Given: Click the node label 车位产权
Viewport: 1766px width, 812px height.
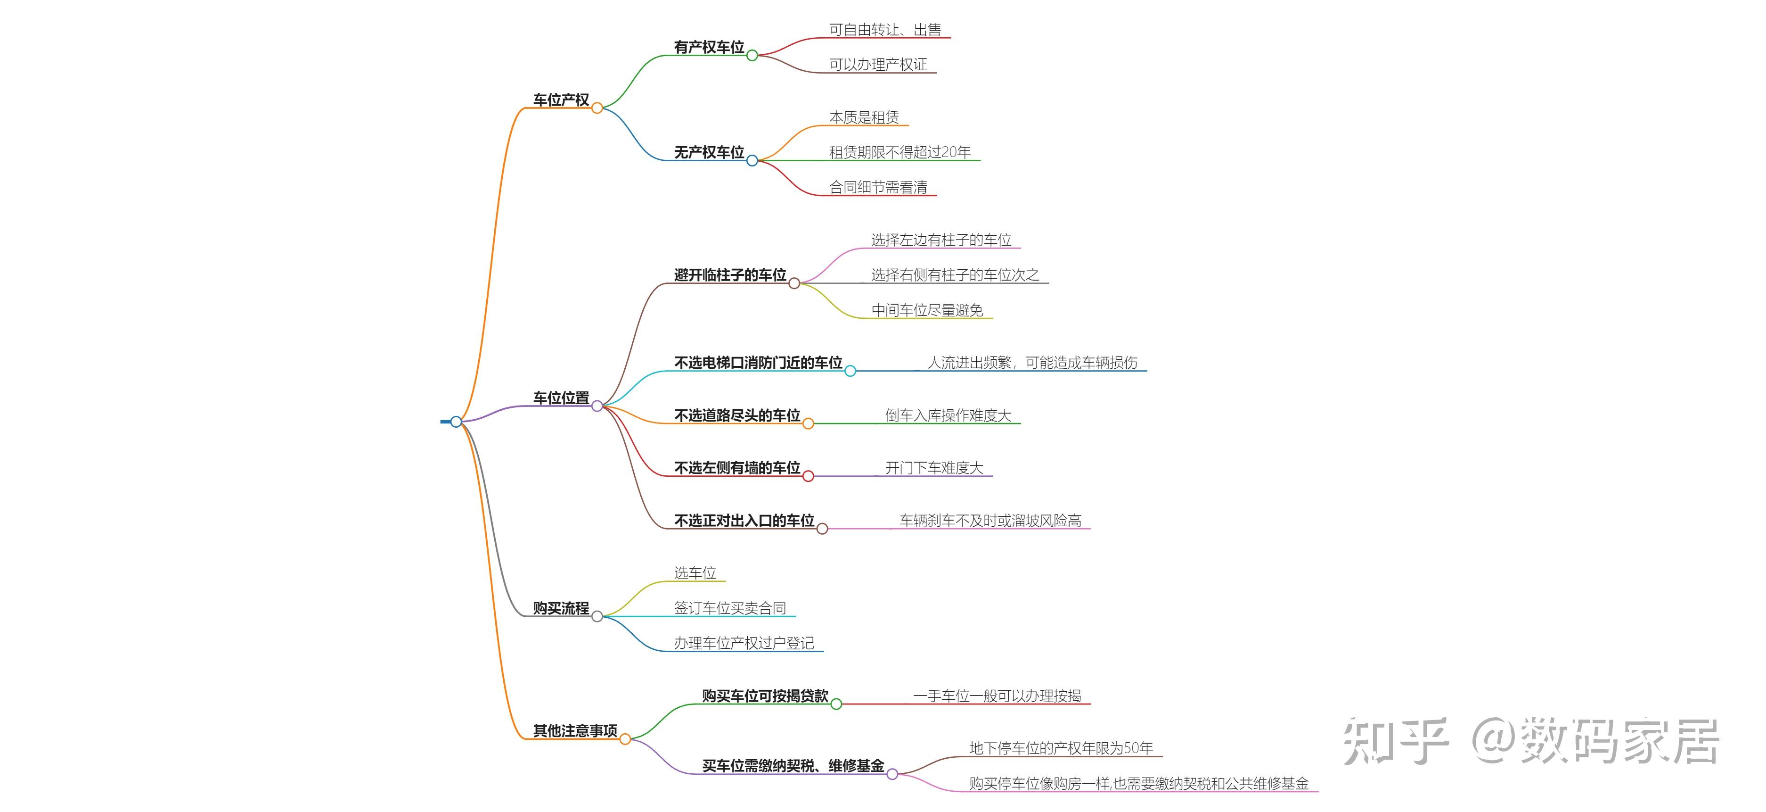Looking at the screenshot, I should (x=561, y=99).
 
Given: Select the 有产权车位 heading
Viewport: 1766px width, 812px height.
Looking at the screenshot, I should (x=709, y=47).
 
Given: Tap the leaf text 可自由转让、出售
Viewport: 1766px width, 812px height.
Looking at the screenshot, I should (x=885, y=30).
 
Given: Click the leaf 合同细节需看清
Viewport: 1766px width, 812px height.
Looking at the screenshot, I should (x=878, y=187).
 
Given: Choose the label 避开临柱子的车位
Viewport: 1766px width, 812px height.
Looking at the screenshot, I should (x=730, y=275).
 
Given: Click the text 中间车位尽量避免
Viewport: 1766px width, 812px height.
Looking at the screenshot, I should (x=927, y=310).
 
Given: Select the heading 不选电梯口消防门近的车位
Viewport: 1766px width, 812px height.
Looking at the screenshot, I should (x=758, y=363).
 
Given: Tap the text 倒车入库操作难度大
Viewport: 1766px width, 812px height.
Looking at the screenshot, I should (x=948, y=415).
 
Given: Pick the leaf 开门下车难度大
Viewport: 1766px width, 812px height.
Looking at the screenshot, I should (x=934, y=468).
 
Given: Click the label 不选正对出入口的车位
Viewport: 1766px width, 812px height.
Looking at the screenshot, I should (x=744, y=521).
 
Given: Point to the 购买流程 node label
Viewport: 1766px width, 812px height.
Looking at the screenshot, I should (x=561, y=608).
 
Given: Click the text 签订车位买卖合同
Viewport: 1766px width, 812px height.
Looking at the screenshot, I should (x=729, y=608).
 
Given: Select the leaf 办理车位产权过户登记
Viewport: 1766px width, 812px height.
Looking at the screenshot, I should (x=744, y=643).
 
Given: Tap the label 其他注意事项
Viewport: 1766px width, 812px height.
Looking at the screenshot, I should (x=575, y=730).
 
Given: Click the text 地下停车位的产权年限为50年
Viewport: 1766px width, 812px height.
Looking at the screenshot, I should (x=1061, y=748).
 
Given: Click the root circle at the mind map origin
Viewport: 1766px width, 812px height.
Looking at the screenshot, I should (x=456, y=421).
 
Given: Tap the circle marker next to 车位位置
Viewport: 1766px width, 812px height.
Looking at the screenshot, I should (x=597, y=406).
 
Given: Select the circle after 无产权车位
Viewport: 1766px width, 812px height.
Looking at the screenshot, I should (x=752, y=160).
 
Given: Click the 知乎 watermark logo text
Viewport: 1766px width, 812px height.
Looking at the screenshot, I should (x=1395, y=741).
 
